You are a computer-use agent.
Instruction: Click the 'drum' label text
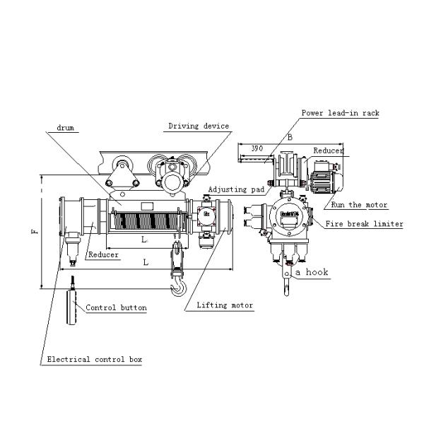click(65, 129)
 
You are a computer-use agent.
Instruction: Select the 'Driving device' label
click(199, 126)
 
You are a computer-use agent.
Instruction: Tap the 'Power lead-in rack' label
click(340, 113)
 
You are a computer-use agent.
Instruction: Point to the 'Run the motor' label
click(360, 205)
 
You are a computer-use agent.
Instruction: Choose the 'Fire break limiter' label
click(364, 224)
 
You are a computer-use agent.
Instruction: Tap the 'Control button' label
click(116, 308)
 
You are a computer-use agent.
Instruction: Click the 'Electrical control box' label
click(95, 360)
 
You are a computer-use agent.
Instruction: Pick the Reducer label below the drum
click(103, 254)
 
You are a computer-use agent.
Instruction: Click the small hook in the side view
click(286, 286)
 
